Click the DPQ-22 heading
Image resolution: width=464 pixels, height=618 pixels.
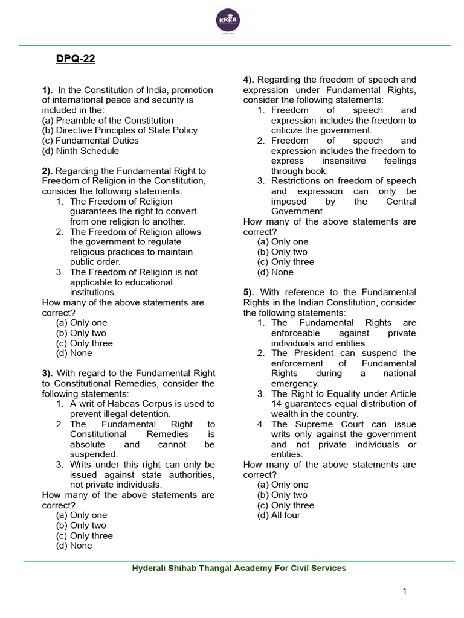click(x=76, y=59)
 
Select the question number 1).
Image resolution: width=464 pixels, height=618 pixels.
click(x=48, y=90)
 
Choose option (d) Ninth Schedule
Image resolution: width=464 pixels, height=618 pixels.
click(x=80, y=151)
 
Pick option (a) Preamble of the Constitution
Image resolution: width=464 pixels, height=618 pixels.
click(x=108, y=120)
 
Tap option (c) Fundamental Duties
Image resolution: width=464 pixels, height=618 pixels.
click(x=90, y=141)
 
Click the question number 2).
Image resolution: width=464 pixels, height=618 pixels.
click(x=48, y=171)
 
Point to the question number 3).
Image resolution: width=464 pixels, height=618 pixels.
click(x=48, y=374)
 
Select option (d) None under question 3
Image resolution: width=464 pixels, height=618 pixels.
click(x=74, y=546)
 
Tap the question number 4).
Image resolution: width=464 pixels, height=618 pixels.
click(x=250, y=80)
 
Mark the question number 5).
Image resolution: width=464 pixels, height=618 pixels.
click(x=250, y=293)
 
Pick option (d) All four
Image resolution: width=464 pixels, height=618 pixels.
click(x=279, y=515)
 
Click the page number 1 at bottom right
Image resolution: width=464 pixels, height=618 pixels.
click(x=404, y=591)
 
